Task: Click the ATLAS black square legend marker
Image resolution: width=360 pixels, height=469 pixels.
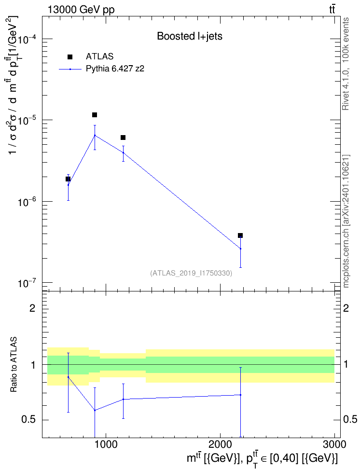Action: pos(69,57)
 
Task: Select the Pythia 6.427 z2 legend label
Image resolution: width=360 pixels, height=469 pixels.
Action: pos(115,69)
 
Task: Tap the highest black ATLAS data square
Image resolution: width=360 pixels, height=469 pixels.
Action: pos(95,115)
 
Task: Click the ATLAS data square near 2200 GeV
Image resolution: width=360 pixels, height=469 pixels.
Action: pos(240,235)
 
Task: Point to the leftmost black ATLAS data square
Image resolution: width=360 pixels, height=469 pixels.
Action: pos(68,179)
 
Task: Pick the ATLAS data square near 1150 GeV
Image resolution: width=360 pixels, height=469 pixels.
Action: pos(123,138)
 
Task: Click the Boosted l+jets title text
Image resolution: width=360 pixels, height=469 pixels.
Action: pos(190,36)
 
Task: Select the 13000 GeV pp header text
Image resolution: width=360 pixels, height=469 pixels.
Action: pos(81,10)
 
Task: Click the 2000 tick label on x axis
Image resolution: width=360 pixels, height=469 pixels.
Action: pos(220,444)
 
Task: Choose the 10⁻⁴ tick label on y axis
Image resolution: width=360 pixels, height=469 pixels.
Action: pos(27,40)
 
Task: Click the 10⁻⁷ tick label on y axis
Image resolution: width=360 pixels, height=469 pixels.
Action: pos(27,283)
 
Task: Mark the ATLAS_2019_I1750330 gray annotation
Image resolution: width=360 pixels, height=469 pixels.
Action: pos(191,273)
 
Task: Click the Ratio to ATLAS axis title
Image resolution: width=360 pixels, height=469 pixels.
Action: pos(14,365)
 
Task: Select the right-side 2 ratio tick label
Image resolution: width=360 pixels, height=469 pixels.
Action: pos(346,308)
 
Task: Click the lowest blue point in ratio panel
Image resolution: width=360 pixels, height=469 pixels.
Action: pos(95,410)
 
